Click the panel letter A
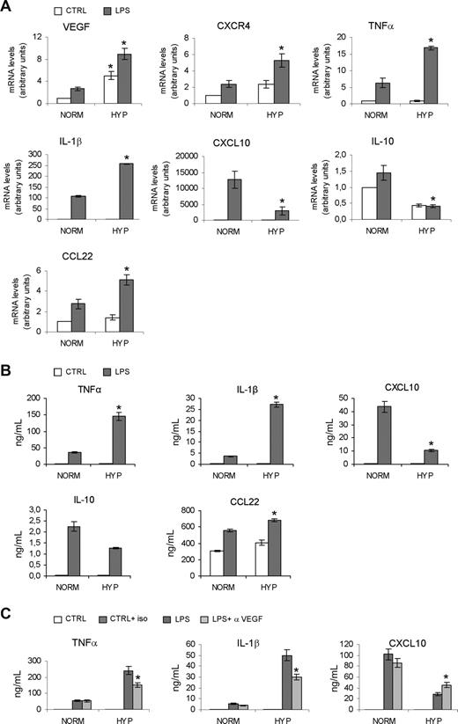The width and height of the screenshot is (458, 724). [x=8, y=7]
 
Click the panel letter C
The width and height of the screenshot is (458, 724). [x=8, y=610]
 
